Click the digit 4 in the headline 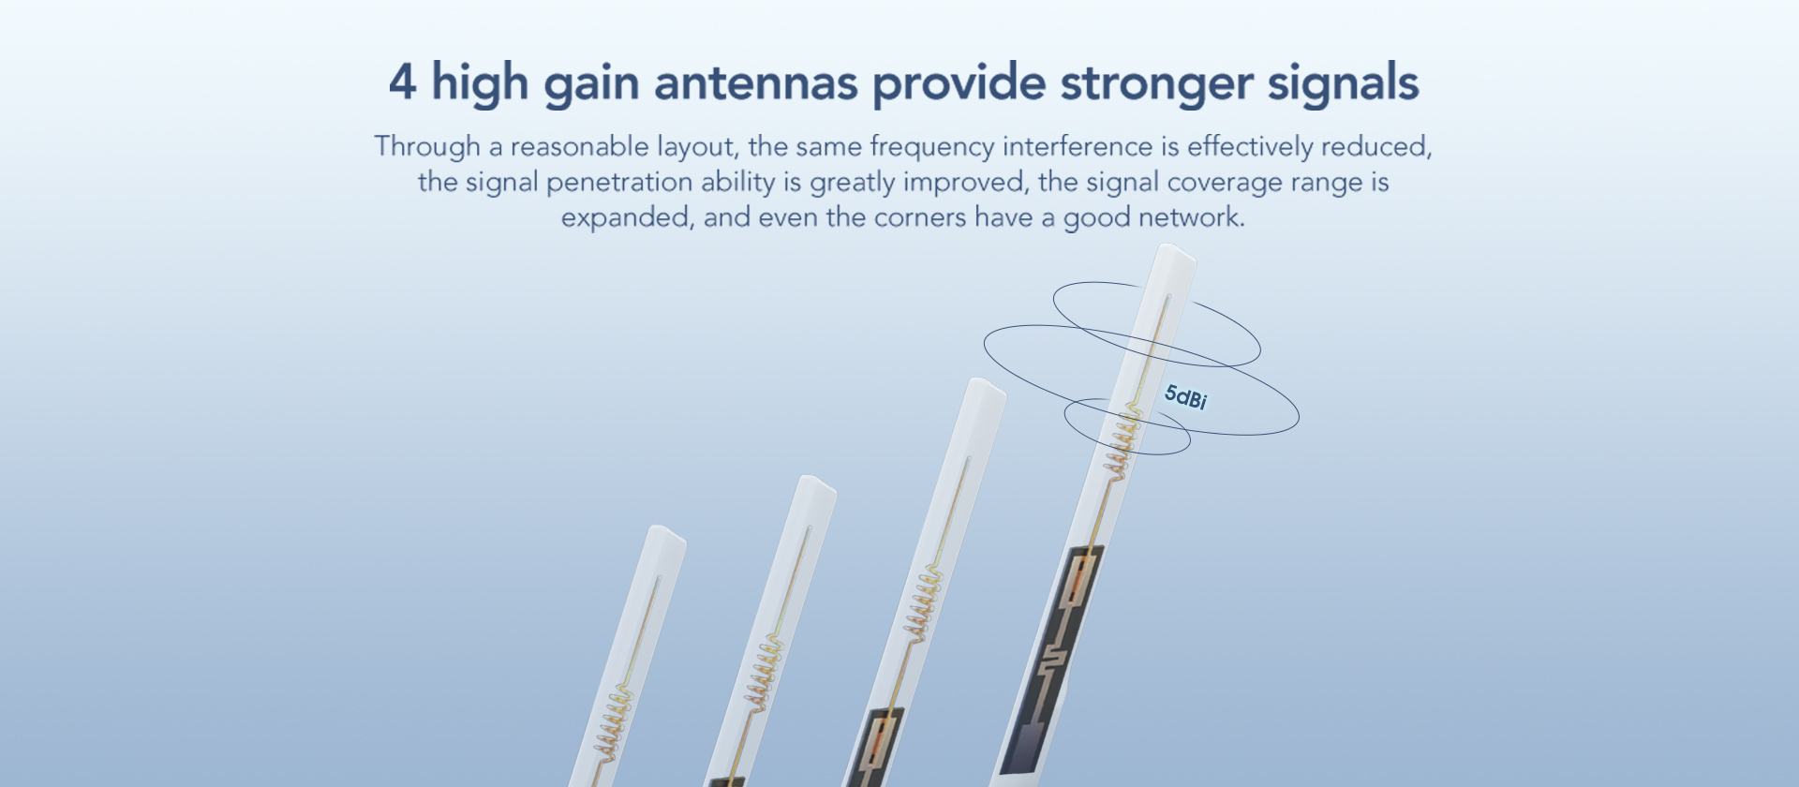point(402,82)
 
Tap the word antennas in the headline point(756,82)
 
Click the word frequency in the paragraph point(932,148)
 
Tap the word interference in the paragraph point(1078,146)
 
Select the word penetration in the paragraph point(619,183)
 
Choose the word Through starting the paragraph point(427,147)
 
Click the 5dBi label point(1185,397)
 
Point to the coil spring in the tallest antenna point(1123,441)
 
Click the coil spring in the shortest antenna point(612,722)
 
